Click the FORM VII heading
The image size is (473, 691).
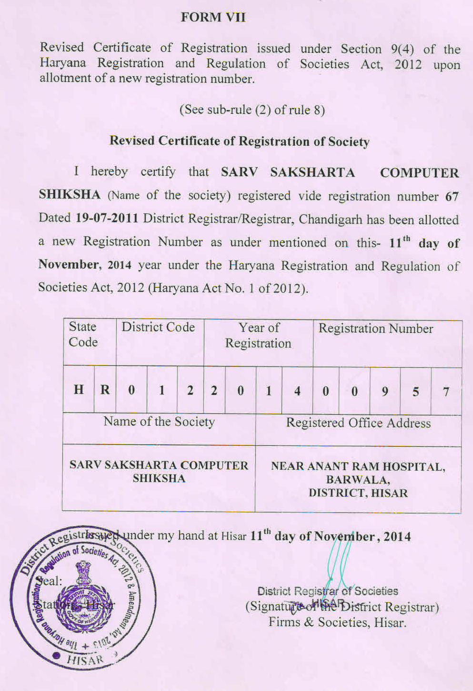pos(213,18)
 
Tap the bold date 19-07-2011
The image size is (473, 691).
pos(107,219)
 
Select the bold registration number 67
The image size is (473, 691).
pos(452,197)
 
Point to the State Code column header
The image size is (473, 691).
pos(83,334)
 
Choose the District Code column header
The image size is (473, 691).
pos(158,327)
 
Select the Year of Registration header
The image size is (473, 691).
pos(258,335)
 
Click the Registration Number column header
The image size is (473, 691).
pos(376,329)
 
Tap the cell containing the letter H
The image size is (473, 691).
pos(79,390)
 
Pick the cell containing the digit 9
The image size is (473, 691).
pos(385,391)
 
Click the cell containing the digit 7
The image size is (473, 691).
pos(446,392)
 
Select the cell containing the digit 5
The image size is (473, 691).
pos(415,392)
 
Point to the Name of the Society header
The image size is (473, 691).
pos(159,422)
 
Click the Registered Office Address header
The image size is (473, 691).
pos(358,423)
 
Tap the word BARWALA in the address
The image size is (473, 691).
pos(358,480)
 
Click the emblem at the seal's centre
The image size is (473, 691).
pos(84,595)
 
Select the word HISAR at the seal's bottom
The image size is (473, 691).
pos(85,660)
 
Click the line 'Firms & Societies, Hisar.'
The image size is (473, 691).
pos(337,622)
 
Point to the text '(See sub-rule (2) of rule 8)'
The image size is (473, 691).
pos(252,110)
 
